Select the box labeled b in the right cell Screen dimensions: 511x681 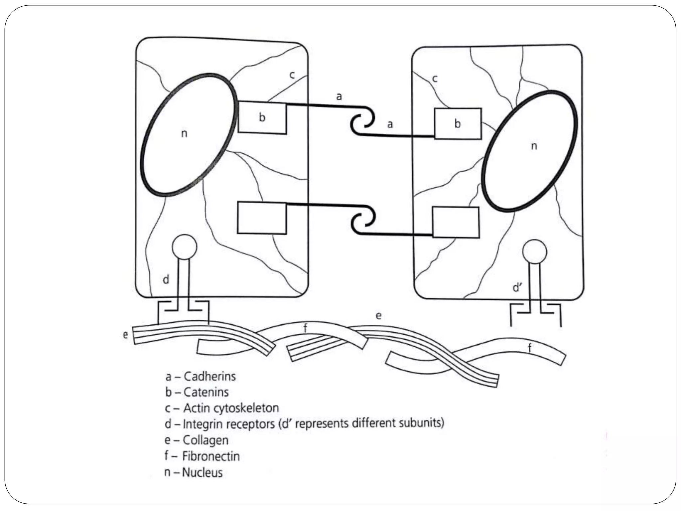coord(458,123)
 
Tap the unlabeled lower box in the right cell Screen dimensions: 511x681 coord(456,222)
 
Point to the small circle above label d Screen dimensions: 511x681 coord(184,247)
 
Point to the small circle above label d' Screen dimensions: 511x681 coord(534,252)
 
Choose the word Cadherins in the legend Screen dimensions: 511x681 coord(209,376)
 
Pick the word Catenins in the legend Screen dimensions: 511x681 coord(206,392)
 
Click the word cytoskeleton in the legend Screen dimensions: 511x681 coord(246,408)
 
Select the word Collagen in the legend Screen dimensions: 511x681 coord(205,440)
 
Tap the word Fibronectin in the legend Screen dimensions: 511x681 coord(211,456)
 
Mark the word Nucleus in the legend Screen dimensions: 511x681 coord(202,472)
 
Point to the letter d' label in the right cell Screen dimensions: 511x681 coord(517,287)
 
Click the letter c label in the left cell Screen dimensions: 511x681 coord(292,75)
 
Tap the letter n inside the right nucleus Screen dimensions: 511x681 coord(534,146)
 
